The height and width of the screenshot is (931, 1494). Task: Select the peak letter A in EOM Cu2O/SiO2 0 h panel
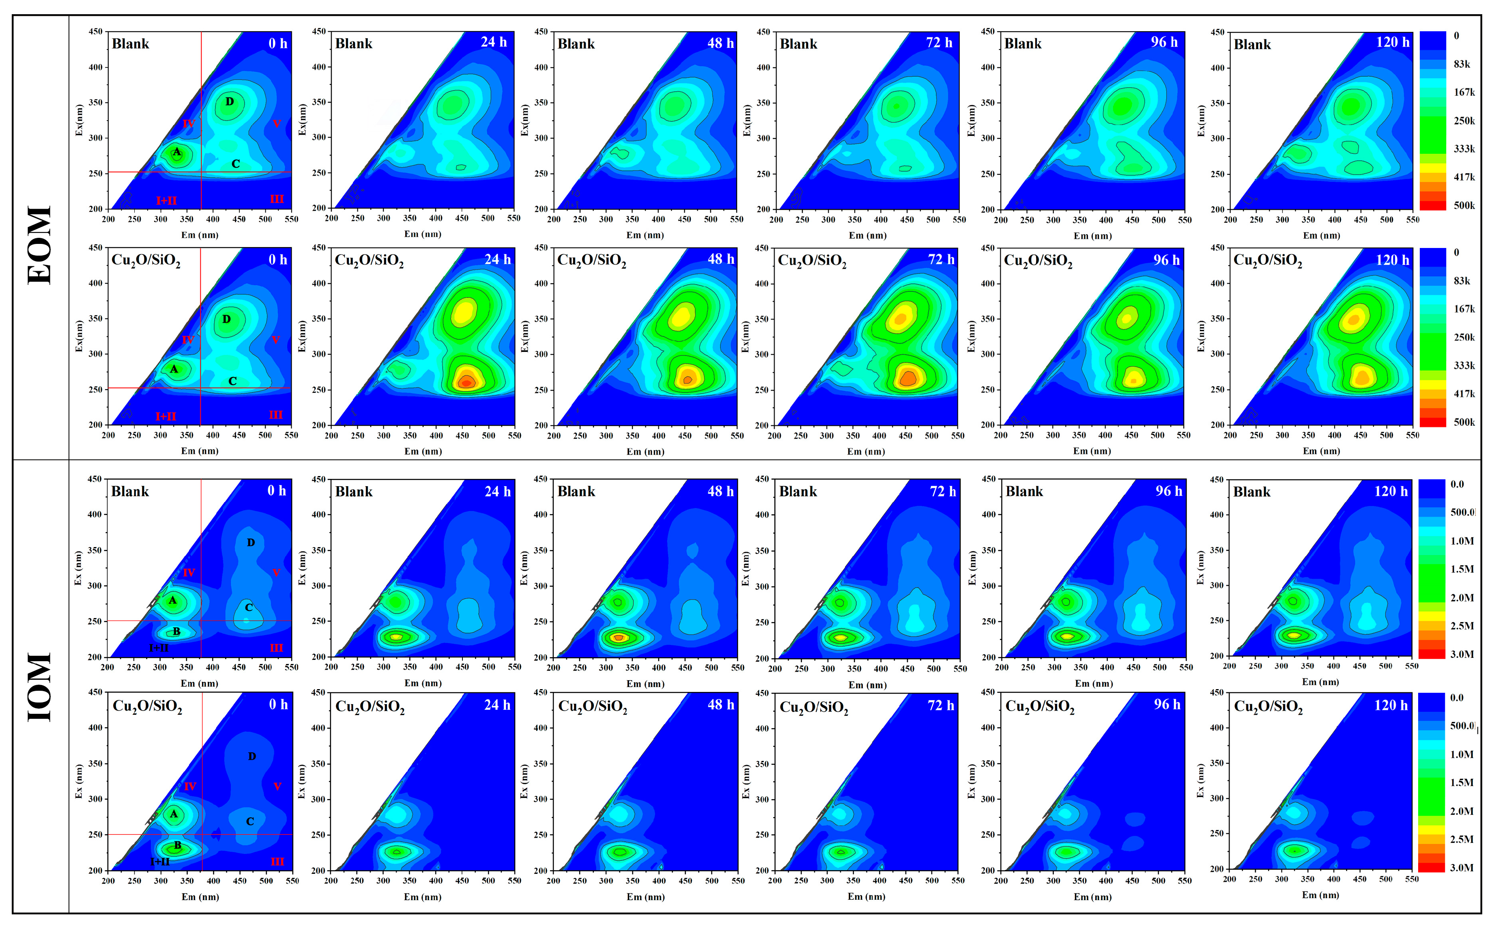(174, 369)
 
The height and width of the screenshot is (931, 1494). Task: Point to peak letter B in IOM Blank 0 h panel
(176, 631)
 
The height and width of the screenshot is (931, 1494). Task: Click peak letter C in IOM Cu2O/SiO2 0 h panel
(250, 821)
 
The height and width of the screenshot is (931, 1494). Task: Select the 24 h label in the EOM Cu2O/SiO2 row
(497, 259)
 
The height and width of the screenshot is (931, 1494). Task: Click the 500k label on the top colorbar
(1464, 206)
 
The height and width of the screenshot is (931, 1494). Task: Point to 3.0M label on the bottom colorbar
(1462, 868)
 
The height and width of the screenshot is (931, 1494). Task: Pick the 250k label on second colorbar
(1464, 337)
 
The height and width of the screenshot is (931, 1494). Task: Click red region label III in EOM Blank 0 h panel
(277, 199)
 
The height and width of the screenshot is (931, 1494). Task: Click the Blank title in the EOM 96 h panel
(1023, 44)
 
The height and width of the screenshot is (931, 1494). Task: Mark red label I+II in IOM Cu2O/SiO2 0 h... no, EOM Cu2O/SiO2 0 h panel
(166, 416)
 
